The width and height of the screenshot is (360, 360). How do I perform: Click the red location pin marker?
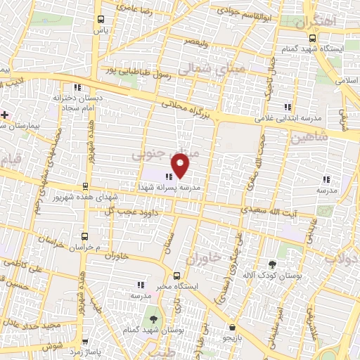click(181, 165)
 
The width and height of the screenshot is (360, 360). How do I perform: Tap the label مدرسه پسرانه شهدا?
click(198, 188)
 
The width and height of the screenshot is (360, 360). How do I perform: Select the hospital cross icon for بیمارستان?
click(5, 114)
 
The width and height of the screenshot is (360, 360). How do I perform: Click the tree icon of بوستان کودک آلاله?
click(273, 265)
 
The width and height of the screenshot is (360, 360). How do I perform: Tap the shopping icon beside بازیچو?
click(231, 326)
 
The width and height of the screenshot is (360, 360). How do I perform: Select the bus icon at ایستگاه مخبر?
click(176, 276)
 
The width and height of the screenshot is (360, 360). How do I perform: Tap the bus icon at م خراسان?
click(85, 236)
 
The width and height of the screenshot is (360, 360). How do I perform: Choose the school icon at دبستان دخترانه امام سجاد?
click(77, 88)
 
